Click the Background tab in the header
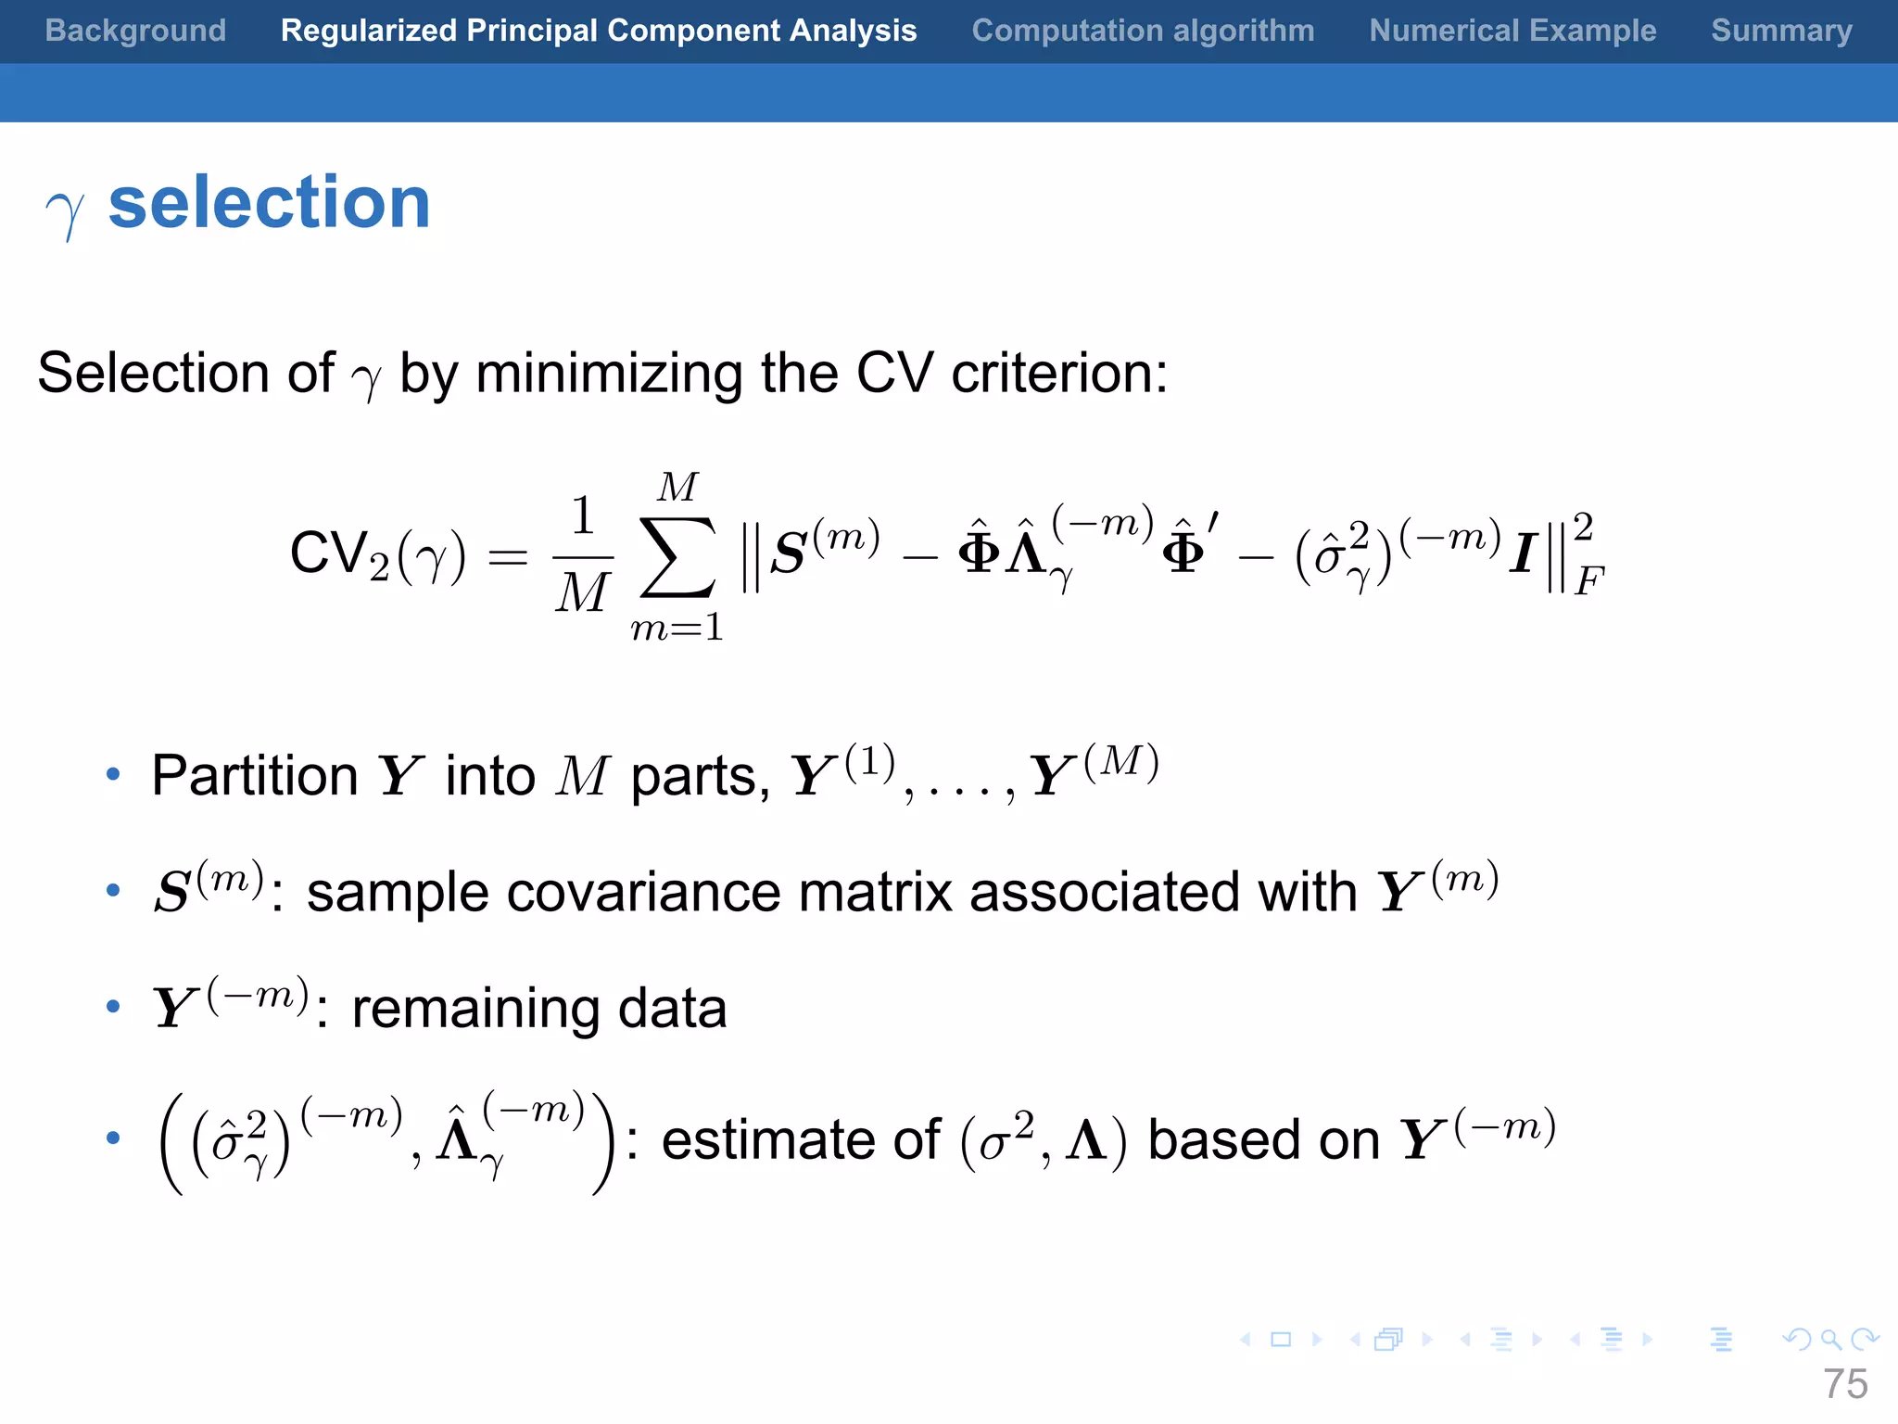135,31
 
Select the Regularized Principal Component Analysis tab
599,31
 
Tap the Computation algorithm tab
1143,31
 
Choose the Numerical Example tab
1512,31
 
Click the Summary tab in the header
1781,31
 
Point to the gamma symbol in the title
65,211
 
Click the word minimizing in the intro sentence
609,374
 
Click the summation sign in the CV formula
677,556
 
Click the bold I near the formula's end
1523,554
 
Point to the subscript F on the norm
1588,582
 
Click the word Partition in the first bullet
255,776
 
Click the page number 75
1845,1384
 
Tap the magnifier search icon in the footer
1830,1339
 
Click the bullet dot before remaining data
113,1007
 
